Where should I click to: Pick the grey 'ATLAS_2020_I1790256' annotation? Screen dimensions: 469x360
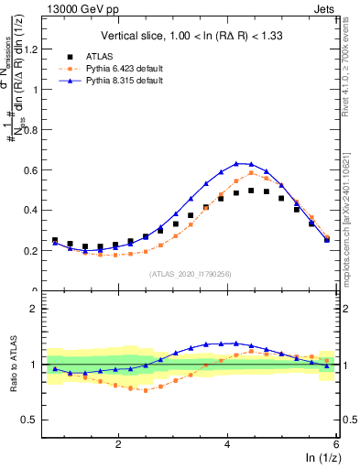pyautogui.click(x=189, y=274)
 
